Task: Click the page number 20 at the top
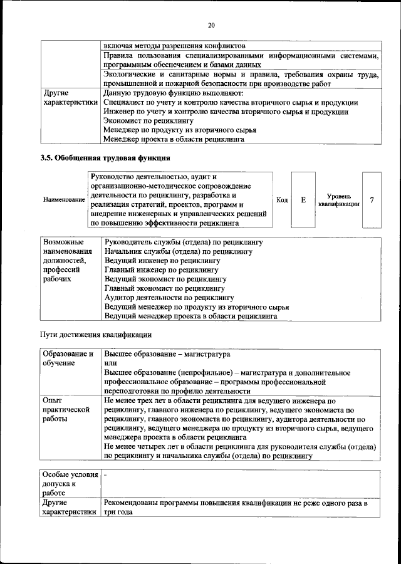point(211,25)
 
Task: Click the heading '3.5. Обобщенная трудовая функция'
point(106,157)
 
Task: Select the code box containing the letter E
point(303,200)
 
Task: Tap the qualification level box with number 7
point(372,200)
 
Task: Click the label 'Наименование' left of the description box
point(64,200)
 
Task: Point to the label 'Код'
point(282,200)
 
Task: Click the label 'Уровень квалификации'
point(338,200)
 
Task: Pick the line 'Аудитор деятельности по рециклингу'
point(169,298)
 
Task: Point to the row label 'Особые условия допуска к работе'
point(69,484)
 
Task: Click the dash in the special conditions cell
point(106,475)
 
